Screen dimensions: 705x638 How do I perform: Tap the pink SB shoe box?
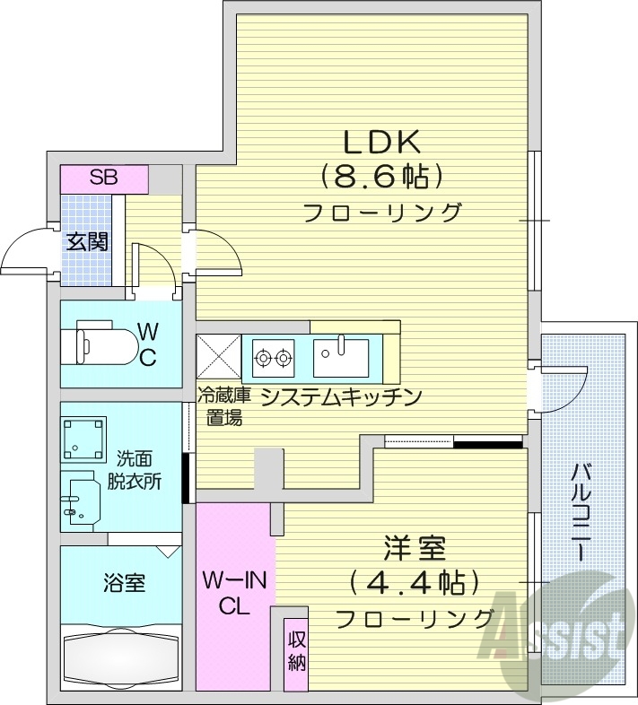[103, 178]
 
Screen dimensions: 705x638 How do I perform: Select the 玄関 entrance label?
[87, 240]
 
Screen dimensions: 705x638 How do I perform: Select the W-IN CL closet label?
[234, 594]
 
